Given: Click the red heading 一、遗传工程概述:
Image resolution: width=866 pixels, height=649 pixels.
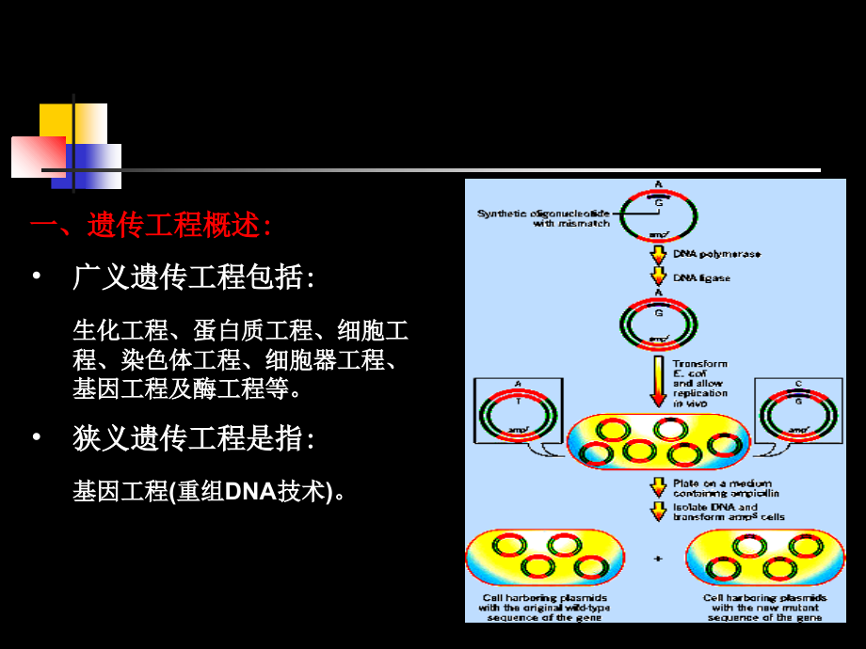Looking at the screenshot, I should (152, 226).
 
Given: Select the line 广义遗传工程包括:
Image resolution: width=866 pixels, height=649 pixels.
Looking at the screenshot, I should (193, 277).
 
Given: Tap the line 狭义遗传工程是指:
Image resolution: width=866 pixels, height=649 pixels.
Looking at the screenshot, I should (193, 438).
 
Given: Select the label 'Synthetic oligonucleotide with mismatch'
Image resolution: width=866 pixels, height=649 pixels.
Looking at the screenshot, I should (543, 218).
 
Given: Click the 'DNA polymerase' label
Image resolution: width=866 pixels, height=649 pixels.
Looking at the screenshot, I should (716, 254).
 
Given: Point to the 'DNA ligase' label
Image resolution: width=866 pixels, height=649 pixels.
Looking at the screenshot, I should (701, 277).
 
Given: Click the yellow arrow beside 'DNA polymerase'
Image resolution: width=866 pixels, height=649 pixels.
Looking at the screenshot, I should (657, 255).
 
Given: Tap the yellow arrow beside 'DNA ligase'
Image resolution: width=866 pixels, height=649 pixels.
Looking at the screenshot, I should (657, 277).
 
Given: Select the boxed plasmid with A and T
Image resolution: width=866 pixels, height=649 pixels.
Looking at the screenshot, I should (517, 411).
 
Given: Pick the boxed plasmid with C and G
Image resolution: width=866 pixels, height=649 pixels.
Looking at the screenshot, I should (798, 411).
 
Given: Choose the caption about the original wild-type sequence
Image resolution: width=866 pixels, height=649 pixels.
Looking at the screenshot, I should (544, 608).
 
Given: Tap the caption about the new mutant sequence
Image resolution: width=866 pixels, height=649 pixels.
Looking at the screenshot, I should (764, 608).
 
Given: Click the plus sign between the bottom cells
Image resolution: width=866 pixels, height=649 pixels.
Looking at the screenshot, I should (657, 561).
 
